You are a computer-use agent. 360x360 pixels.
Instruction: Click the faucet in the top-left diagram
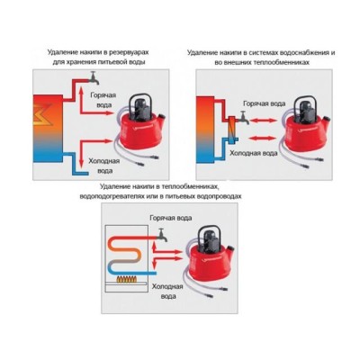tap(94, 78)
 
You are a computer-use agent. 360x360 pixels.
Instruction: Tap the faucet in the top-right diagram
tap(245, 118)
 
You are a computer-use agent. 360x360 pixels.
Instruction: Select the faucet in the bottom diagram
tap(163, 235)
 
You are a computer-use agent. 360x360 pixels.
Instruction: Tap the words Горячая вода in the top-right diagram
tap(265, 103)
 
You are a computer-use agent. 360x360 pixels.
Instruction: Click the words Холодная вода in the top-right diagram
tap(254, 153)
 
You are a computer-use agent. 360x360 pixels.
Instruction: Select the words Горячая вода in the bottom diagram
tap(171, 218)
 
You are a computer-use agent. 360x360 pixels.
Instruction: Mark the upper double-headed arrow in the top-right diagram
tap(264, 121)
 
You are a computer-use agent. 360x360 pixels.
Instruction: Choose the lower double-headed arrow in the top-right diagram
tap(263, 139)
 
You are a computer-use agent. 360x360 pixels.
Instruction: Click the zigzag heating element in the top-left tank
tap(44, 114)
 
